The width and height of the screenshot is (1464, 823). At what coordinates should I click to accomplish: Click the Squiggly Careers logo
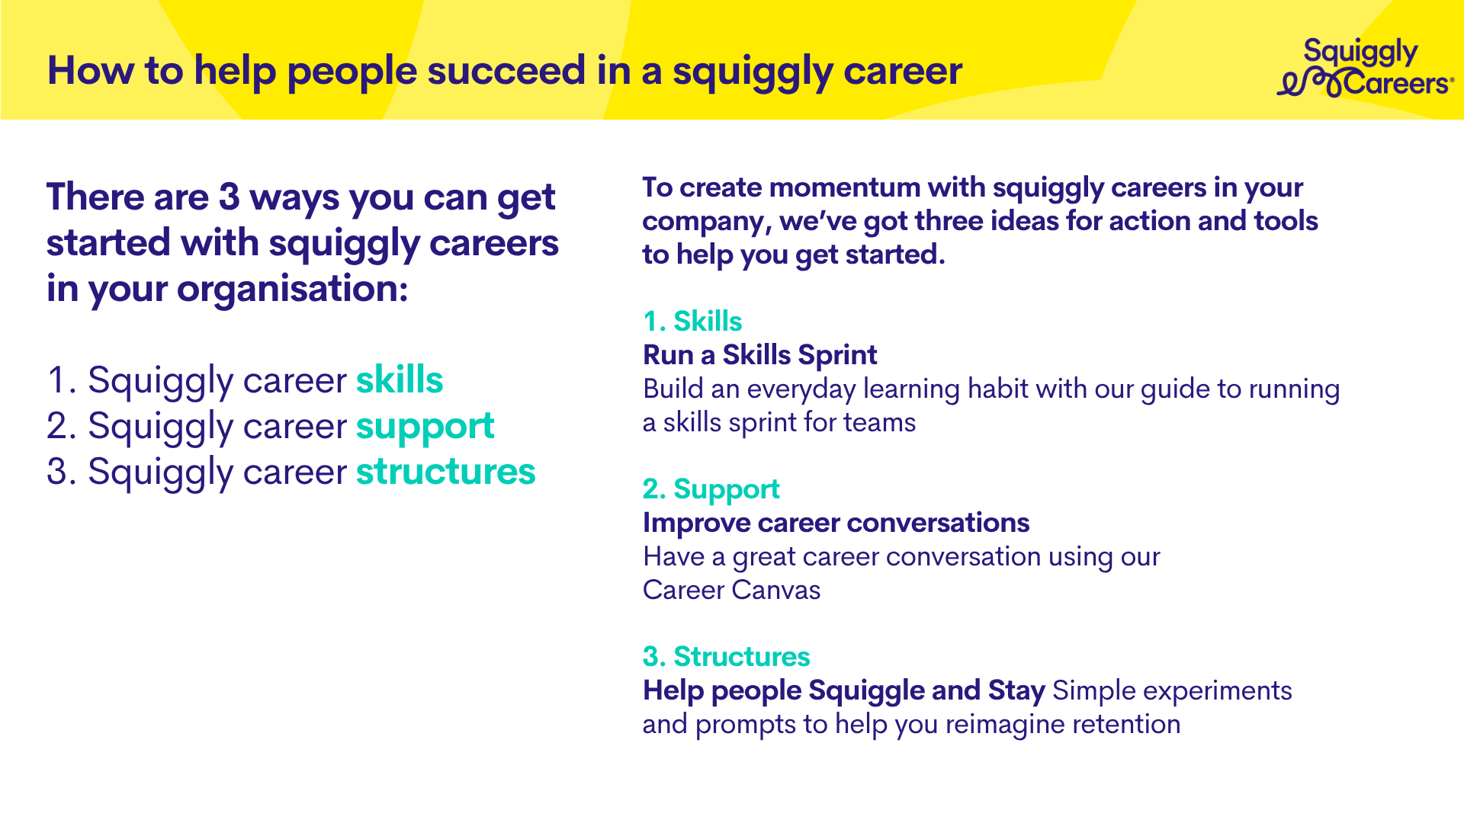coord(1365,68)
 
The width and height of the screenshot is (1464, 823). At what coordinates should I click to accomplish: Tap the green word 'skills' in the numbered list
coord(400,379)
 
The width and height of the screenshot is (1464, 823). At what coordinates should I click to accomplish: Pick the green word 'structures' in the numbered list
coord(446,472)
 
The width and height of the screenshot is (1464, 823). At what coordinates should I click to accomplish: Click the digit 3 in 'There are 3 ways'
coord(229,197)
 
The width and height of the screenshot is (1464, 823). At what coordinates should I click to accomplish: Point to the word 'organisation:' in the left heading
coord(292,290)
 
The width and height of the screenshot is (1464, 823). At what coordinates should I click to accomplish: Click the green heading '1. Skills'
coord(692,321)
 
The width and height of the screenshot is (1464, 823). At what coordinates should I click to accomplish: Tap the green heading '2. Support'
coord(711,490)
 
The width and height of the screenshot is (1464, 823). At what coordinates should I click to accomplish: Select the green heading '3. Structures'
coord(727,656)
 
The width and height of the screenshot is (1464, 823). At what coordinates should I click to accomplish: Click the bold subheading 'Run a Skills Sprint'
coord(760,355)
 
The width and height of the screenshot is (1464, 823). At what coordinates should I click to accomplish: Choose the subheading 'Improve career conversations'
coord(836,523)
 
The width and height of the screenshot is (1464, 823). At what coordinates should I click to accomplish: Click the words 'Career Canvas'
coord(732,590)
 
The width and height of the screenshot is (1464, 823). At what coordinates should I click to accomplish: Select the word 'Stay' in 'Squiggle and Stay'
coord(1016,691)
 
